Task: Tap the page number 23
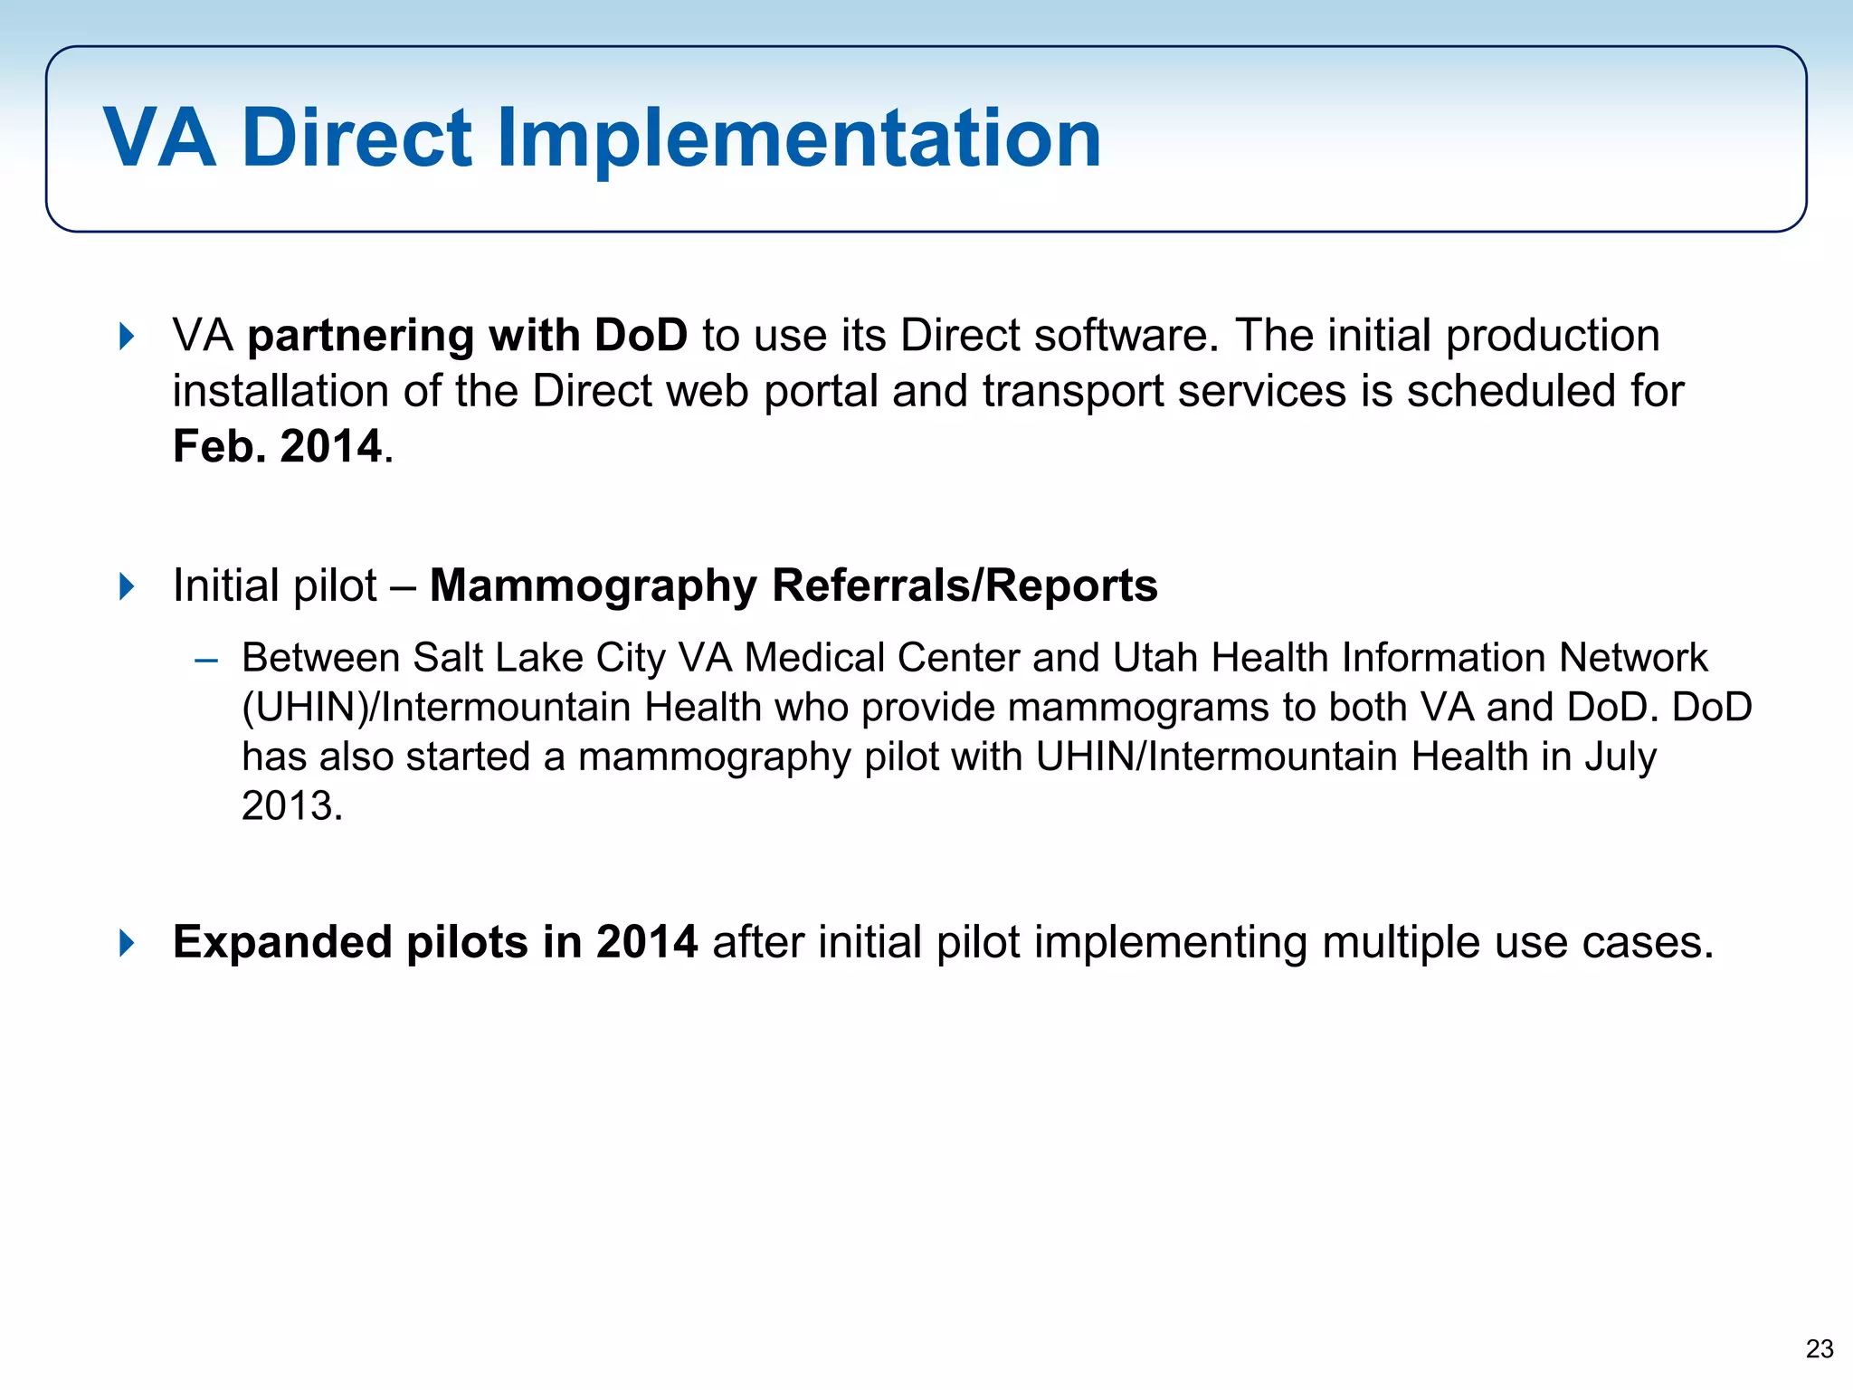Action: [x=1819, y=1349]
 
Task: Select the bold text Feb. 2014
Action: [x=278, y=446]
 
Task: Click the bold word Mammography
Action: [x=593, y=586]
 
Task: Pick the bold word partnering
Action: [x=360, y=336]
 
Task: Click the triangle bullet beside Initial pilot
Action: [x=127, y=586]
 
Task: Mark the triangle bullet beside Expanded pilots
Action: [x=127, y=943]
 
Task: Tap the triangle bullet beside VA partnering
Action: [x=127, y=337]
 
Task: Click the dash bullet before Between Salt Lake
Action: [x=206, y=661]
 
